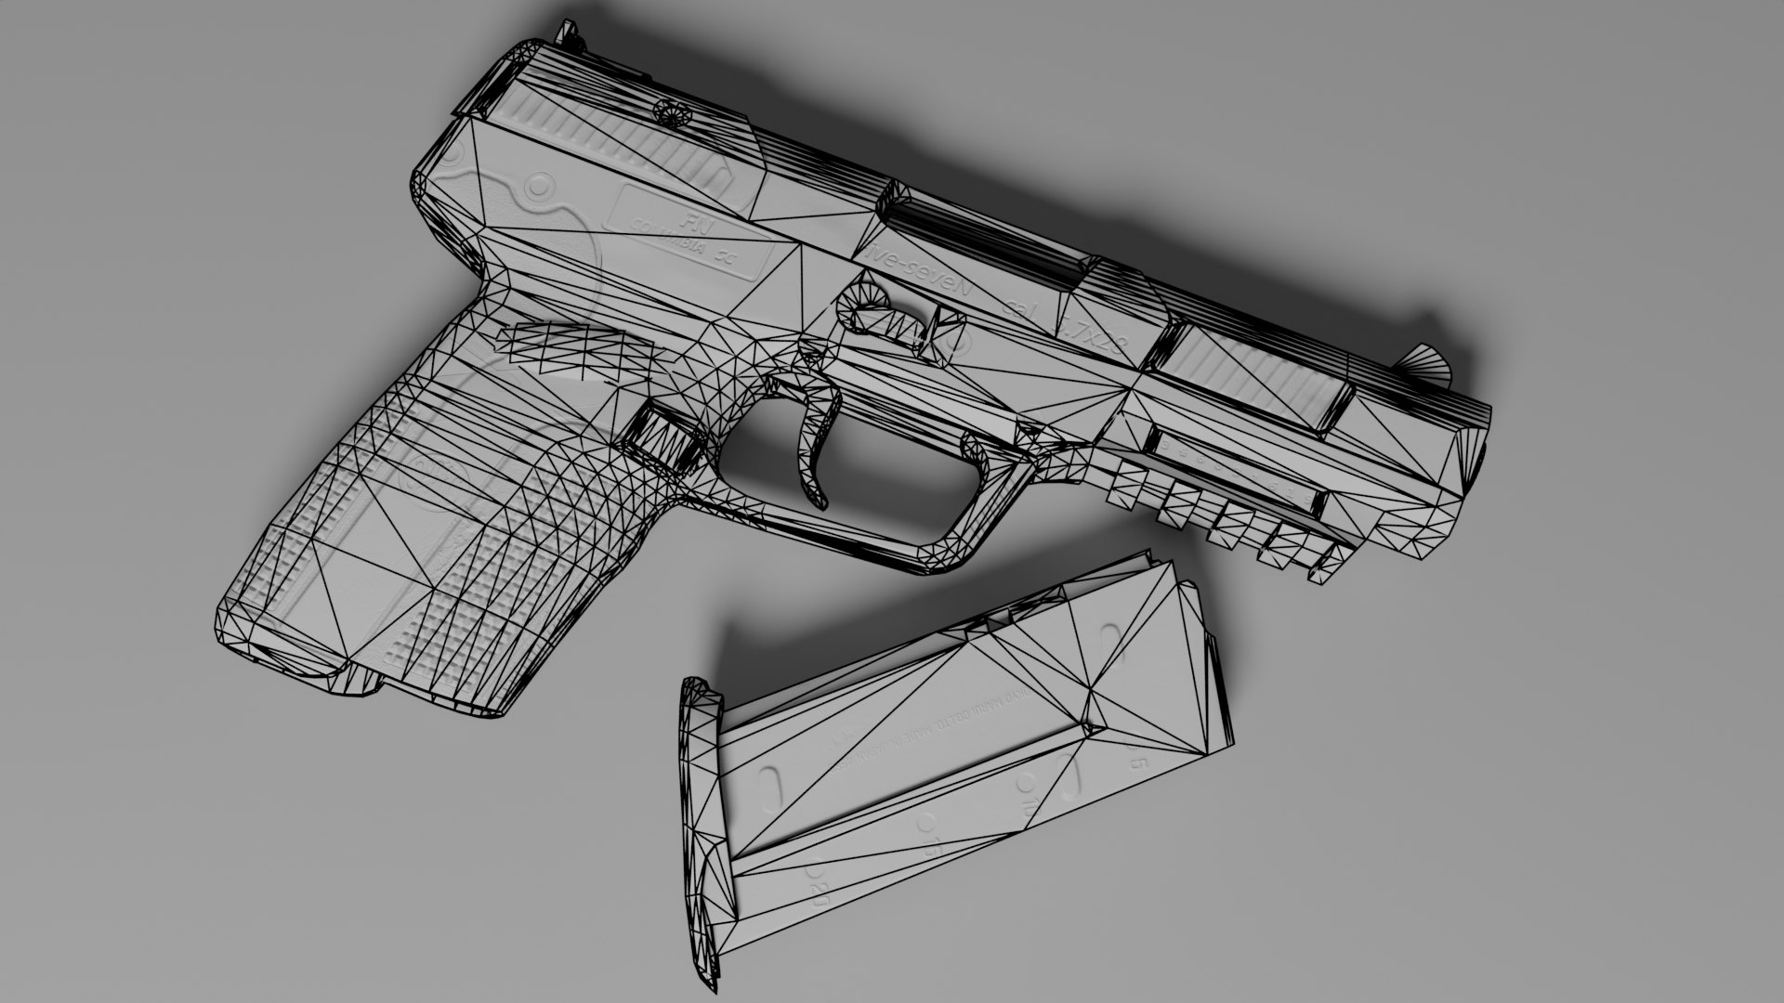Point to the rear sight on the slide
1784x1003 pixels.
(564, 33)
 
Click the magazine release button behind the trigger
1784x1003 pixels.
(662, 436)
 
